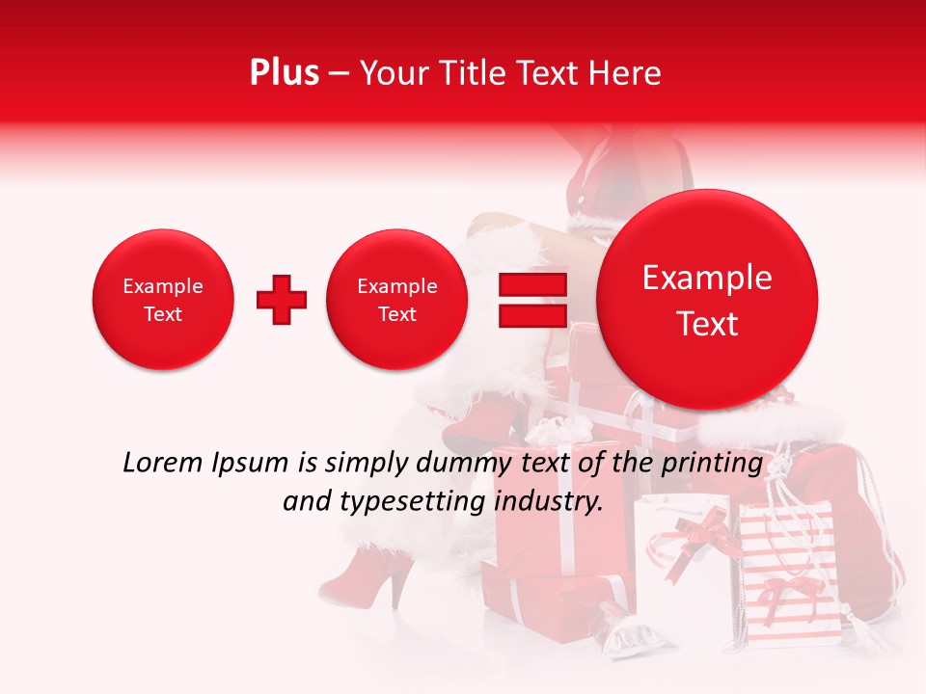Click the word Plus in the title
tap(284, 72)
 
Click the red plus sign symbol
tap(282, 300)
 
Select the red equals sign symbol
tap(531, 300)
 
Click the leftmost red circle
tap(163, 300)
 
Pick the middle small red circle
tap(397, 300)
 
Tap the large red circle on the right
tap(707, 300)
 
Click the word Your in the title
tap(391, 73)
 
